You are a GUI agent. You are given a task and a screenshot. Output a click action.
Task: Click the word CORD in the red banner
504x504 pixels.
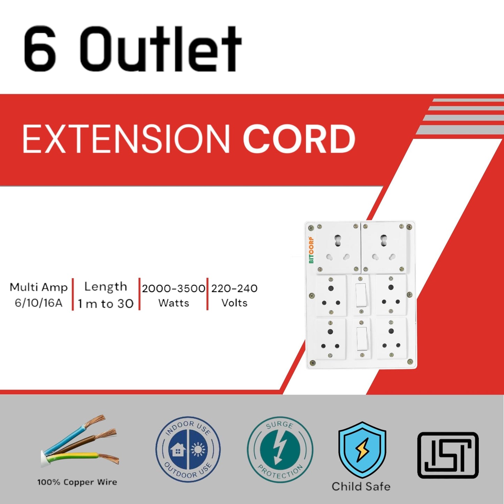coord(299,139)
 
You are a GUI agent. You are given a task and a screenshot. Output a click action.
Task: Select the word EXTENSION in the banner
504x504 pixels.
coord(126,139)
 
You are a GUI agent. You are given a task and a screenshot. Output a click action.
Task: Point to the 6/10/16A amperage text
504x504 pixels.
coord(38,303)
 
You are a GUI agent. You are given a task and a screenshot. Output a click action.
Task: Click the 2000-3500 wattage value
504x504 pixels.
coord(173,288)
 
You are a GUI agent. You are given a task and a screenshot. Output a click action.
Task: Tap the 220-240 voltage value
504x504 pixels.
coord(234,288)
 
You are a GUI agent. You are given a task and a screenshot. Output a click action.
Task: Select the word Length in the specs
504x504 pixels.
coord(106,287)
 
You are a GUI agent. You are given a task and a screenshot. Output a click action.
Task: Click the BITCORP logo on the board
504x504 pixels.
coord(311,250)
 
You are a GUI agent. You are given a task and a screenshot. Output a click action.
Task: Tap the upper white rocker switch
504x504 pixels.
coord(361,295)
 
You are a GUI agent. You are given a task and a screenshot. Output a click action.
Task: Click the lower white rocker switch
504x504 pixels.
coord(362,339)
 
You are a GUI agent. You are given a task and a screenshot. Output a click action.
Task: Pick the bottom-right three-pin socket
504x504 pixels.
coord(391,338)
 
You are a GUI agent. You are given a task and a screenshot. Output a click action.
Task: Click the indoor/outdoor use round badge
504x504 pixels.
coord(188,449)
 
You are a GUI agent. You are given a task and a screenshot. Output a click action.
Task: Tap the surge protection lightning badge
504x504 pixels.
coord(280,449)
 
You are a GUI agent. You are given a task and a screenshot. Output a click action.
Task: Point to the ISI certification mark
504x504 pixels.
coord(448,455)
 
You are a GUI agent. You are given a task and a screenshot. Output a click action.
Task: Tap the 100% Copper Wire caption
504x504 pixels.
coord(77,482)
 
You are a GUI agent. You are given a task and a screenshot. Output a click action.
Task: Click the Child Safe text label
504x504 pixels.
coord(361,486)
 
